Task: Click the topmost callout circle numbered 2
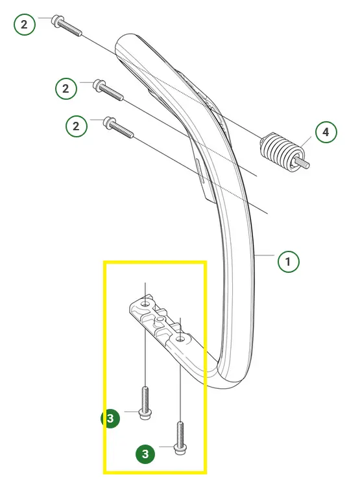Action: [25, 25]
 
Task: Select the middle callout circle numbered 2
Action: [66, 89]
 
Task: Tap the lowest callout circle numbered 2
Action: [77, 126]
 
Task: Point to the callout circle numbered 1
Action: [289, 261]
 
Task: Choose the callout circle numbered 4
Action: [326, 132]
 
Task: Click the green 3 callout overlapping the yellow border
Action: [110, 418]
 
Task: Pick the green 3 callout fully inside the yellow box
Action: [145, 454]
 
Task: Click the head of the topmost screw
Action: [57, 21]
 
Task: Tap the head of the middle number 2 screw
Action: [99, 86]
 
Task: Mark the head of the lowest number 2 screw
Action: [110, 122]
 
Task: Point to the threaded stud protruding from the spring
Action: [302, 162]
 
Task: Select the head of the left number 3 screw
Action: [145, 414]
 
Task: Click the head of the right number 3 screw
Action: [180, 450]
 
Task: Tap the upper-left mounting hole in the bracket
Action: [145, 303]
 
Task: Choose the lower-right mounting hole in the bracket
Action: [180, 339]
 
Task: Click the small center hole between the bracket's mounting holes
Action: [160, 320]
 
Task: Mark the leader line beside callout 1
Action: [264, 255]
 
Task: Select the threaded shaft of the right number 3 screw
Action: [180, 433]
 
